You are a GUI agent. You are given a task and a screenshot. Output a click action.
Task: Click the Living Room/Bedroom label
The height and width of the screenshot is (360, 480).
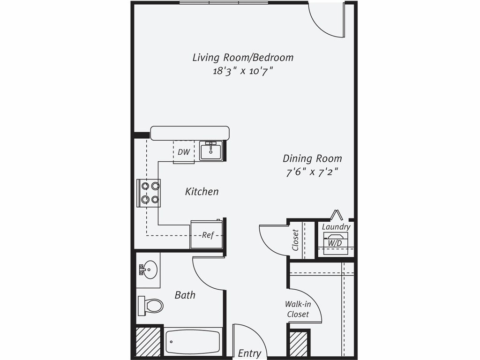tap(243, 57)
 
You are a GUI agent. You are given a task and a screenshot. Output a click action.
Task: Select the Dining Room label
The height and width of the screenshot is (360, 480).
tap(312, 158)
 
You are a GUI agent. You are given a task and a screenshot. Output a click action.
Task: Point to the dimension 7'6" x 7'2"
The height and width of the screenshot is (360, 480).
tap(312, 172)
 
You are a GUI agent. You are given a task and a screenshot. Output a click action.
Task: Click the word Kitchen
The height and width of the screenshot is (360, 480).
tap(202, 191)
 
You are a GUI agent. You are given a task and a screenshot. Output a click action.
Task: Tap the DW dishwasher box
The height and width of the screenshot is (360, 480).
tap(184, 152)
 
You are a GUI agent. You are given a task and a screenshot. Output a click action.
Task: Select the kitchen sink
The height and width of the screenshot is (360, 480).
tap(210, 151)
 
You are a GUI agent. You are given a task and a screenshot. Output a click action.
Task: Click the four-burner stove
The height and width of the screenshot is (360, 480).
tap(149, 193)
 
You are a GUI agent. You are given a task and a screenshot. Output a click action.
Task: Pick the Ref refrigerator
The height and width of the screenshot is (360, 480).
tap(206, 235)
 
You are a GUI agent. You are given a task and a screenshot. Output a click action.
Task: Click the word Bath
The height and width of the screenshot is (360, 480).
tap(185, 295)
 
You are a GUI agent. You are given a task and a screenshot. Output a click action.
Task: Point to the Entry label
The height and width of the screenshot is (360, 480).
tap(249, 353)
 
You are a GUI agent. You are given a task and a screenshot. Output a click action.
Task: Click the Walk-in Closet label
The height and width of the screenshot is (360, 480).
tap(298, 309)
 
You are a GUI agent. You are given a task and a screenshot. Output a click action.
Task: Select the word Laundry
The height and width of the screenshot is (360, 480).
tap(336, 227)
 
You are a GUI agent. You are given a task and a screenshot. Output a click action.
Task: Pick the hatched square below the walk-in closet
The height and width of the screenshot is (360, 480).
tap(299, 345)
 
